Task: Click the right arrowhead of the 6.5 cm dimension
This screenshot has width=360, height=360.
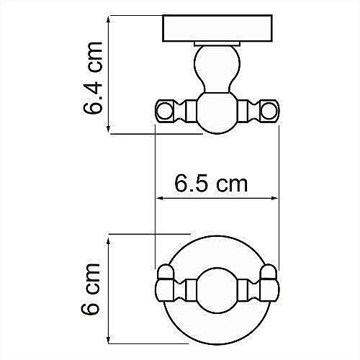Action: [x=275, y=199]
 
